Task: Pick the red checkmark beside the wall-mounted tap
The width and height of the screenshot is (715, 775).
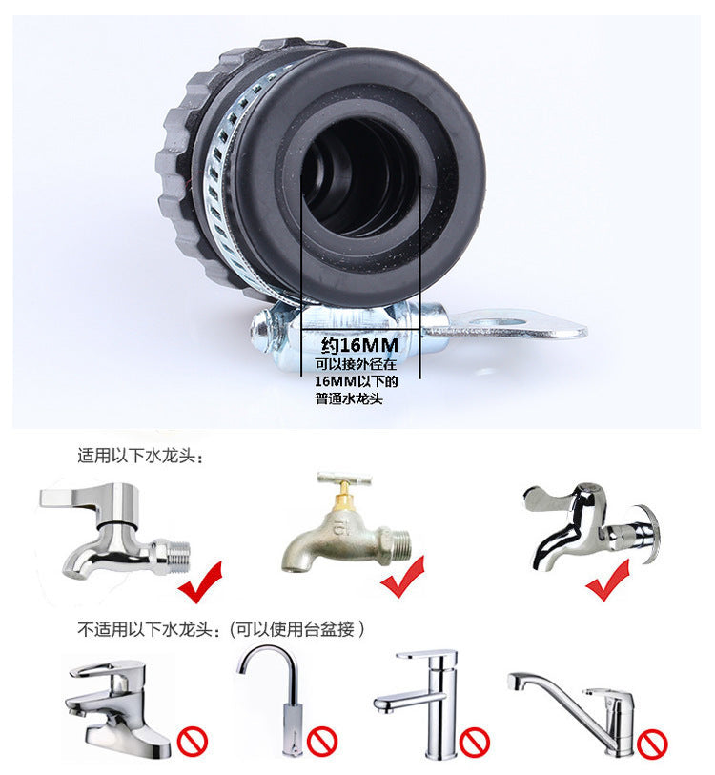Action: pyautogui.click(x=607, y=580)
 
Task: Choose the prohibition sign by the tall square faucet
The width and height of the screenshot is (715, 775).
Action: pyautogui.click(x=474, y=739)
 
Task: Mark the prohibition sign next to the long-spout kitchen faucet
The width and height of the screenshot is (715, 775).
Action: pyautogui.click(x=652, y=741)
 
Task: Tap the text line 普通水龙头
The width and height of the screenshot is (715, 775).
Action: pyautogui.click(x=353, y=399)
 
